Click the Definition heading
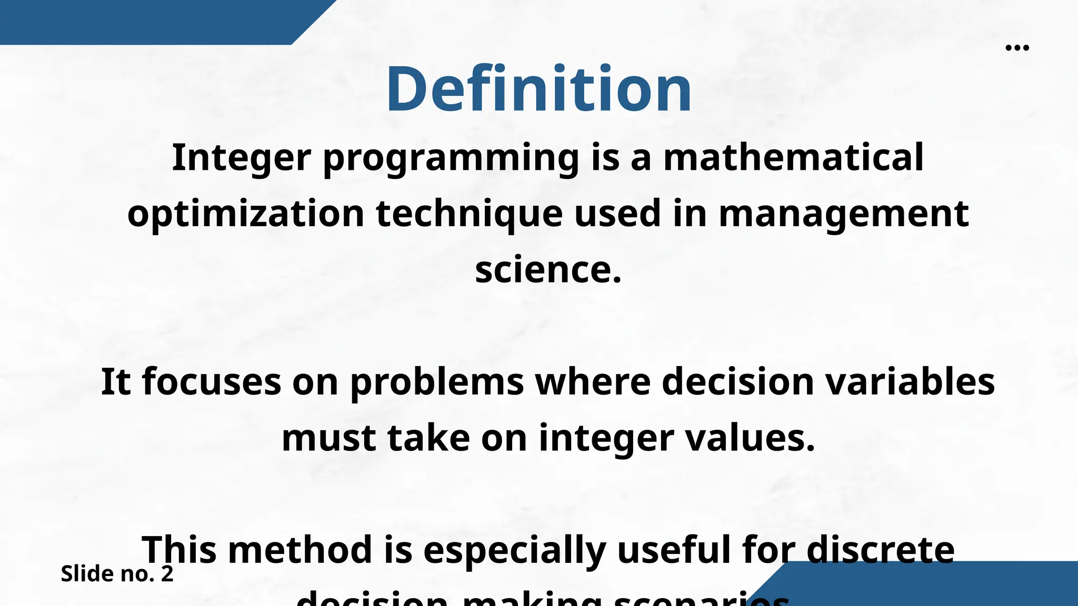[x=539, y=88]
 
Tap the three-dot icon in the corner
[x=1017, y=48]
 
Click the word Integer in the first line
[x=242, y=158]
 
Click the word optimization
[x=246, y=214]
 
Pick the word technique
[x=469, y=214]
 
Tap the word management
[x=843, y=214]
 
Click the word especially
[x=514, y=550]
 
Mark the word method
[x=300, y=549]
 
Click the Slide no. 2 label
[x=117, y=573]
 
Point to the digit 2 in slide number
[x=167, y=573]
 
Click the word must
[x=328, y=438]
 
